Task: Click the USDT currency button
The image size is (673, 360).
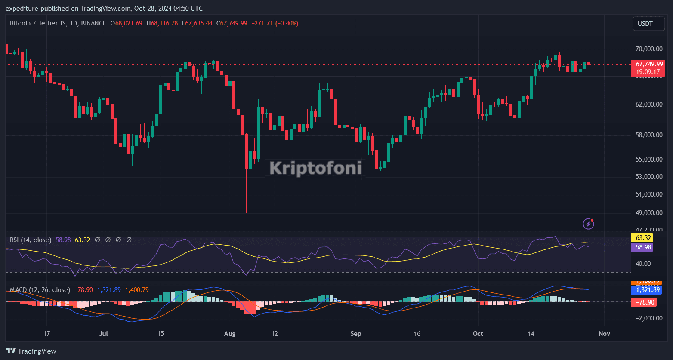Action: pos(648,24)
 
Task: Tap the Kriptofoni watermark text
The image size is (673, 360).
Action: pos(315,168)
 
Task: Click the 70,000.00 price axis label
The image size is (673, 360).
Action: pos(648,49)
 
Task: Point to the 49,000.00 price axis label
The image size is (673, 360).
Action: pos(648,213)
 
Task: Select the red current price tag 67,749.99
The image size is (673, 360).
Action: pos(648,64)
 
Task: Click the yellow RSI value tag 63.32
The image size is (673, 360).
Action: pos(642,238)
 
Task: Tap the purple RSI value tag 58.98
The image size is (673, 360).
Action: pos(642,247)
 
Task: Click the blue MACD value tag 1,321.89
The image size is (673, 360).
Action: pos(646,290)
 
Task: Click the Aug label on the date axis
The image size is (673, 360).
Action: pos(230,334)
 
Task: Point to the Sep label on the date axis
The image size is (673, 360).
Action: pos(356,334)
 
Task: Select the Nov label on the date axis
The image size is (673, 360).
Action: pos(604,334)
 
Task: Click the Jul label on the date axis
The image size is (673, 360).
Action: pos(103,334)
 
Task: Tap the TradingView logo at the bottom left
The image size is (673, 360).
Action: pos(31,351)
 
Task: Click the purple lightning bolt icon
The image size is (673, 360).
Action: pos(588,224)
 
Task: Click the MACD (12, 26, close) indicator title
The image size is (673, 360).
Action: pos(40,290)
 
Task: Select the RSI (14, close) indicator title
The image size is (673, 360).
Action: pos(31,240)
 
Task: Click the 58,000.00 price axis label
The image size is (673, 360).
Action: pos(648,135)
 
